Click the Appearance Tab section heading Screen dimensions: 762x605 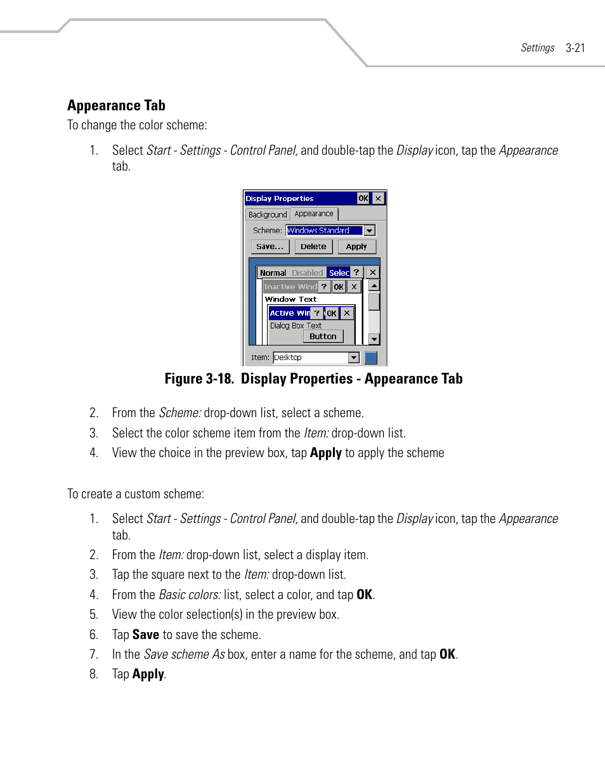coord(116,105)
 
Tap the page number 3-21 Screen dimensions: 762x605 coord(575,48)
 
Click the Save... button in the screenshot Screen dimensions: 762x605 coord(270,247)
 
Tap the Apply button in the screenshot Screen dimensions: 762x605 coord(356,247)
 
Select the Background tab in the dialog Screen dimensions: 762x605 coord(267,215)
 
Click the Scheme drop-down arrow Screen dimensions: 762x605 coord(369,231)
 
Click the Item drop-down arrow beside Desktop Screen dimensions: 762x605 coord(354,358)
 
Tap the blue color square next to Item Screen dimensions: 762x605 coord(371,358)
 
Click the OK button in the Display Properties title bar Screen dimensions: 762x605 coord(363,198)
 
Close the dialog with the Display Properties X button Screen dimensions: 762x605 coord(378,198)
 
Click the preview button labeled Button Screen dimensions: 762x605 coord(323,337)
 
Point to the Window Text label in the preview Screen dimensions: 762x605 coord(290,299)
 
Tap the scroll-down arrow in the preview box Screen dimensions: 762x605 coord(374,339)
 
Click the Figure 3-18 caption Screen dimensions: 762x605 coord(313,379)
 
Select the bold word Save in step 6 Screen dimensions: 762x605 coord(145,635)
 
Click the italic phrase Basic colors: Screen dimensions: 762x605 coord(190,595)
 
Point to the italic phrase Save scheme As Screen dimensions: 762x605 coord(184,654)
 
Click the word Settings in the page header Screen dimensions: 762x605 coord(538,48)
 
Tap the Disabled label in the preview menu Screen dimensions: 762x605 coord(307,273)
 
